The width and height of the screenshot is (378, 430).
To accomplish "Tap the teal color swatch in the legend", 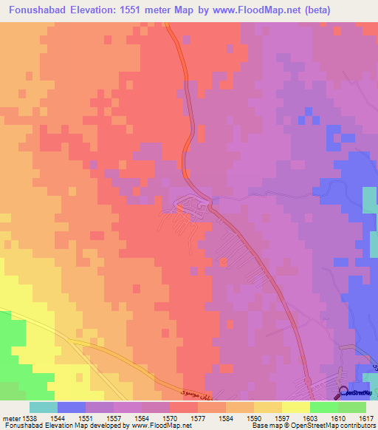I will coord(43,407).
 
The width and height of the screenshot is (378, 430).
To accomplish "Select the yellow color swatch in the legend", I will coord(295,407).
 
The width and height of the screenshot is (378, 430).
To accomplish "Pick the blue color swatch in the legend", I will coord(71,407).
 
